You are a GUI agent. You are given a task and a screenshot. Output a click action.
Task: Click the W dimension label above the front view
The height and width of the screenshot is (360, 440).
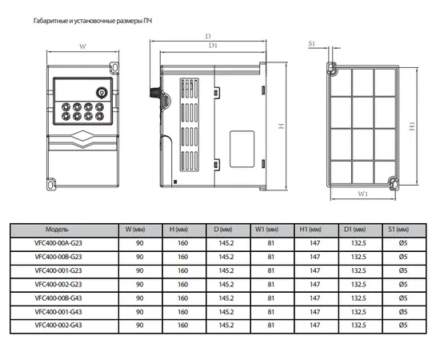coord(82,46)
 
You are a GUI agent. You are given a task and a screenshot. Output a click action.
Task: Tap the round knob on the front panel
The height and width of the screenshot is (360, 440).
coord(102,93)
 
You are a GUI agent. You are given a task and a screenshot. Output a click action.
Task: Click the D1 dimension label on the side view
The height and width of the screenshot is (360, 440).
coord(213,46)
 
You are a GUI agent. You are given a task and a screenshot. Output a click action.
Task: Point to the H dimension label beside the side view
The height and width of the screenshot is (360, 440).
coord(281,126)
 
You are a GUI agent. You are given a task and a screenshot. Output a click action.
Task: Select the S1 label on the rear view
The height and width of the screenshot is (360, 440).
coord(311,43)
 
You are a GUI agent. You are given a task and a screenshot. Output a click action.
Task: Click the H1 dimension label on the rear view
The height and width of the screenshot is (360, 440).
coord(412,126)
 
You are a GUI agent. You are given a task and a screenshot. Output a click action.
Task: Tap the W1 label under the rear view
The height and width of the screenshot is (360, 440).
coord(362,194)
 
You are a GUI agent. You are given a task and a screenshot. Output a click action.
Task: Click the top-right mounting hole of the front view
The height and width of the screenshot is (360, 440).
coord(114,68)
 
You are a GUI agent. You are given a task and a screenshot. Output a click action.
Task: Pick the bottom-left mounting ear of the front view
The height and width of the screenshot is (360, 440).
coord(50,184)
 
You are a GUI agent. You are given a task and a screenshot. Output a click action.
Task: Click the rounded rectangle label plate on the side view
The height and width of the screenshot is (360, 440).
coord(242,149)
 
